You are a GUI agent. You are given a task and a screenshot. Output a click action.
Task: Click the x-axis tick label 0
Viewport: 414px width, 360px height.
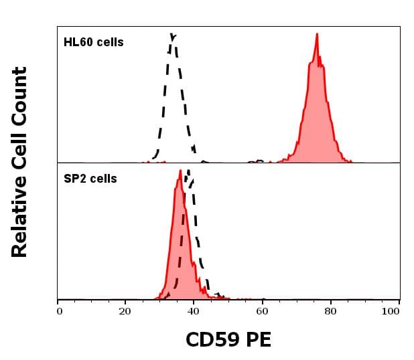(x=59, y=310)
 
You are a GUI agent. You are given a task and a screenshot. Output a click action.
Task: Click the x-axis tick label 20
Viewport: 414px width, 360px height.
(x=125, y=310)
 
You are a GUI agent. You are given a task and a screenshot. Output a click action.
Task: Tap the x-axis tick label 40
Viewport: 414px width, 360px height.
(x=194, y=310)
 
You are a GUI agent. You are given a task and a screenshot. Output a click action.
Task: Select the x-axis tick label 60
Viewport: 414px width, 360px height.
(x=262, y=310)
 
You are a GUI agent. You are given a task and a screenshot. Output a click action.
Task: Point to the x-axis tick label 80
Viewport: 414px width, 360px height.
(x=330, y=310)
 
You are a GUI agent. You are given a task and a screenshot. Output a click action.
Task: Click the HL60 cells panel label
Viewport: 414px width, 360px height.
(x=93, y=42)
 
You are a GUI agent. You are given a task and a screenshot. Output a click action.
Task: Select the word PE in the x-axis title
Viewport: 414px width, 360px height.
(x=259, y=340)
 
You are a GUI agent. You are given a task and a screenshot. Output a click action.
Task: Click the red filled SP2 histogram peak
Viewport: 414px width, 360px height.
(x=180, y=173)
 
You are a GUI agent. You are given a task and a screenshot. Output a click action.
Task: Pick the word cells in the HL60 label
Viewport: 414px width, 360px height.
(x=109, y=42)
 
